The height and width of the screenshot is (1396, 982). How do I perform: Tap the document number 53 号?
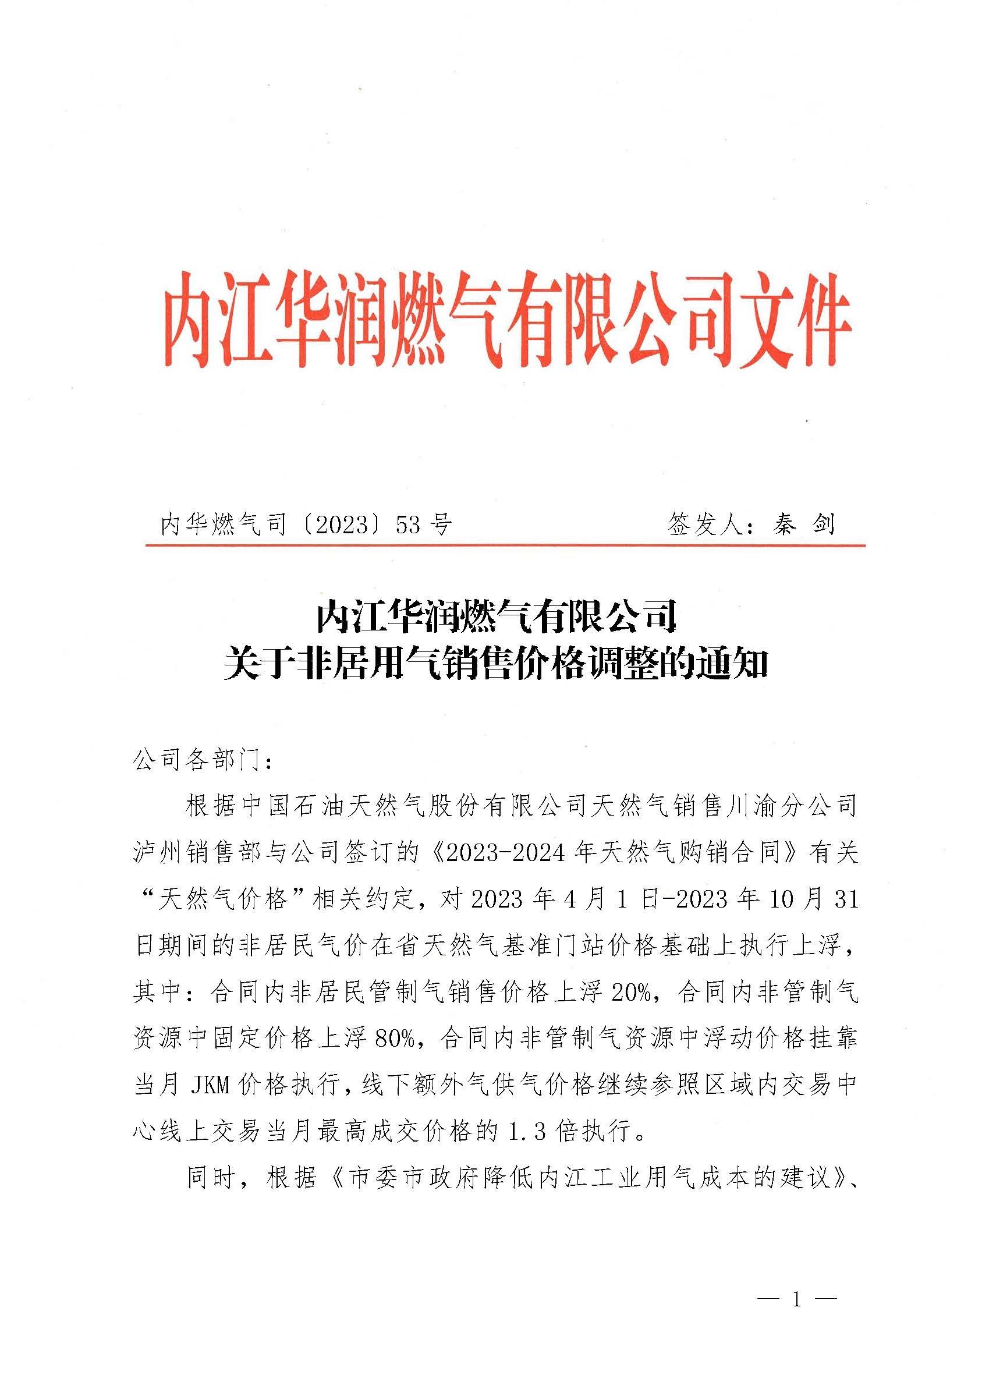[424, 524]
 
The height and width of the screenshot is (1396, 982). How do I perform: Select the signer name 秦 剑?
[804, 523]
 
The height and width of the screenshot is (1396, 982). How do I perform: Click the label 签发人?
[705, 523]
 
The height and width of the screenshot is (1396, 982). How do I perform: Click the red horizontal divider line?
[505, 545]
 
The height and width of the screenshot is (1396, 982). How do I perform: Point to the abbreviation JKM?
[210, 1086]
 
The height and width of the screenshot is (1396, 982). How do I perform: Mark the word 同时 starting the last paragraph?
[212, 1178]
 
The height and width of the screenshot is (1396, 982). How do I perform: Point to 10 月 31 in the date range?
[814, 899]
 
